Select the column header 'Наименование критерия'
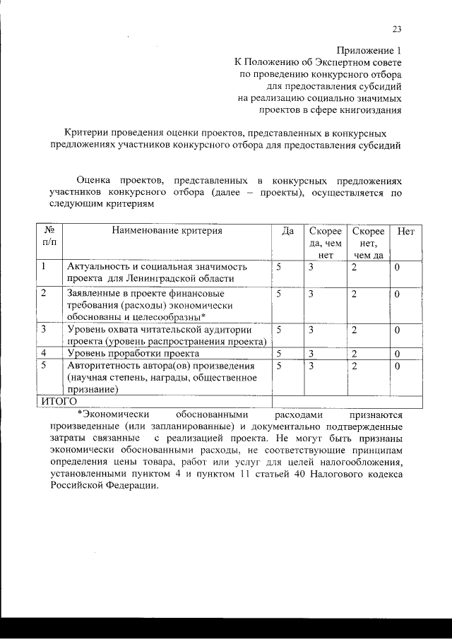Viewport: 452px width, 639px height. click(167, 230)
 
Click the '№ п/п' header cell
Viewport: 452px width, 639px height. click(50, 237)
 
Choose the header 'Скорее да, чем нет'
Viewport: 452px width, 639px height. click(326, 243)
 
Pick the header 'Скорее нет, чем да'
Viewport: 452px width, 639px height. click(368, 243)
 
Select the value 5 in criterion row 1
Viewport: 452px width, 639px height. click(279, 267)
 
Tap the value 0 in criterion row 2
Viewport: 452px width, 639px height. click(397, 293)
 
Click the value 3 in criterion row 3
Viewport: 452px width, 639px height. click(311, 329)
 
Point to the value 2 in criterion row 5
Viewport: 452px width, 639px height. click(355, 366)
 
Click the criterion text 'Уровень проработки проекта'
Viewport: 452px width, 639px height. click(133, 352)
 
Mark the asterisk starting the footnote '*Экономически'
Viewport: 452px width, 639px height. click(80, 414)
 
